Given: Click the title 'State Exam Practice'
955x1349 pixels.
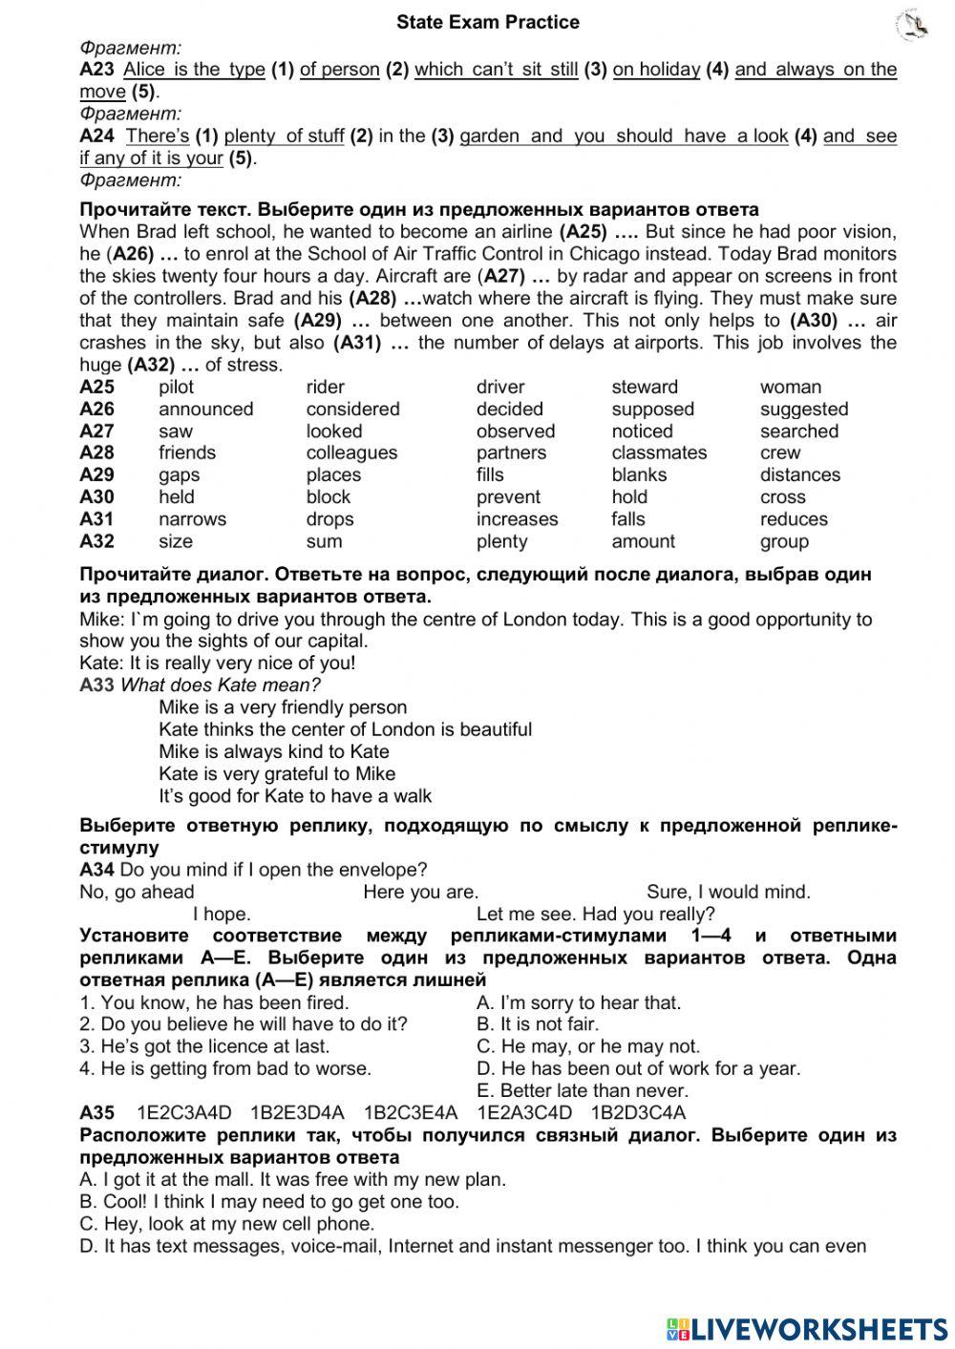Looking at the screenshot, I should pos(487,21).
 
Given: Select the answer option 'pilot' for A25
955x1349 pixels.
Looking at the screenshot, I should pos(176,387).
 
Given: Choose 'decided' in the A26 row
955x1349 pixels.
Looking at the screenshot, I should pos(509,409).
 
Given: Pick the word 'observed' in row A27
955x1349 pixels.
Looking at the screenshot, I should pos(515,431).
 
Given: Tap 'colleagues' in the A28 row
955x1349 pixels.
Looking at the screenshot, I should pos(351,453).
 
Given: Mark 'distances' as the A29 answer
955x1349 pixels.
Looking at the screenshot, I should pos(799,474).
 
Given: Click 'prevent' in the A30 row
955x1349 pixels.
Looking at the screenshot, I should pos(508,496).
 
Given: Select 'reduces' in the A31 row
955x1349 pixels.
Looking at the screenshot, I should pos(794,518).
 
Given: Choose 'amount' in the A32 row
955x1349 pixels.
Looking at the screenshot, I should pos(643,540).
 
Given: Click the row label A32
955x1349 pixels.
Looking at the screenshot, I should pos(96,540).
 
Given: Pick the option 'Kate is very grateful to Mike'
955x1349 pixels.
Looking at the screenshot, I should pos(277,773).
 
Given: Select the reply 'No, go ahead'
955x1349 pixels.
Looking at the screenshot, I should pos(137,892).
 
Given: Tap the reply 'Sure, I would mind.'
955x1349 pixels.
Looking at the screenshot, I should pos(728,892).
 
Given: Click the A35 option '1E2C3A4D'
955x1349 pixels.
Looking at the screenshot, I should pos(184,1112).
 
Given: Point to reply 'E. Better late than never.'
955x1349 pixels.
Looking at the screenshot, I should pos(582,1090).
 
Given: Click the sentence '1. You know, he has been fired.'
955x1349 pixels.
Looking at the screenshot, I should pos(214,1002).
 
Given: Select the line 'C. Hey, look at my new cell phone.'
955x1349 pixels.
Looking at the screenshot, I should pos(227,1223).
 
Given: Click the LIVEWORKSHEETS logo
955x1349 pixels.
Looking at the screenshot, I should pos(807,1328).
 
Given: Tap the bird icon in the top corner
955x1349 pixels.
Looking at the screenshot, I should pos(913,25).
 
